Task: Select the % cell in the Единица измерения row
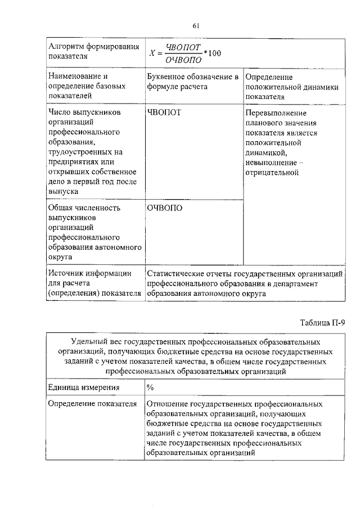tap(150, 388)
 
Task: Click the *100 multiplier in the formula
tap(212, 53)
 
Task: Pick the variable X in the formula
tap(151, 53)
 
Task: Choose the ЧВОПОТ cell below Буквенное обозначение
tap(164, 112)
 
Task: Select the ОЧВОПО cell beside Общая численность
tap(165, 208)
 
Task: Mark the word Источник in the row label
tap(66, 273)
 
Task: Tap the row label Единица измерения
tap(83, 388)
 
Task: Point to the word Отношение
tap(168, 404)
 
